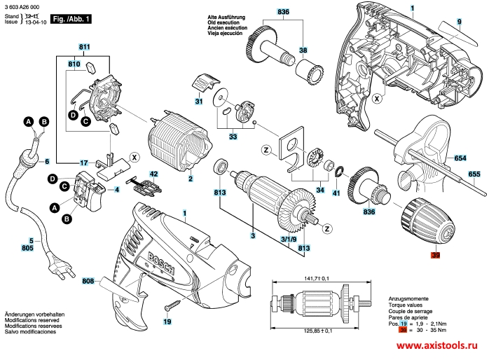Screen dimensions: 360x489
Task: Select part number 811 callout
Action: (x=85, y=46)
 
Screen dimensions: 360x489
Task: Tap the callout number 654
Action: (x=460, y=158)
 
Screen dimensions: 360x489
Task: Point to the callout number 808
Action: (x=88, y=282)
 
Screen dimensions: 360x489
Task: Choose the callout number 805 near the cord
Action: (x=27, y=248)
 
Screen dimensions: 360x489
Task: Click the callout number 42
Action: (x=154, y=174)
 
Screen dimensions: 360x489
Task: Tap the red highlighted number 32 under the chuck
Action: (x=435, y=256)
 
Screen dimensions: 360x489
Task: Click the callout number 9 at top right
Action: (x=460, y=22)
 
